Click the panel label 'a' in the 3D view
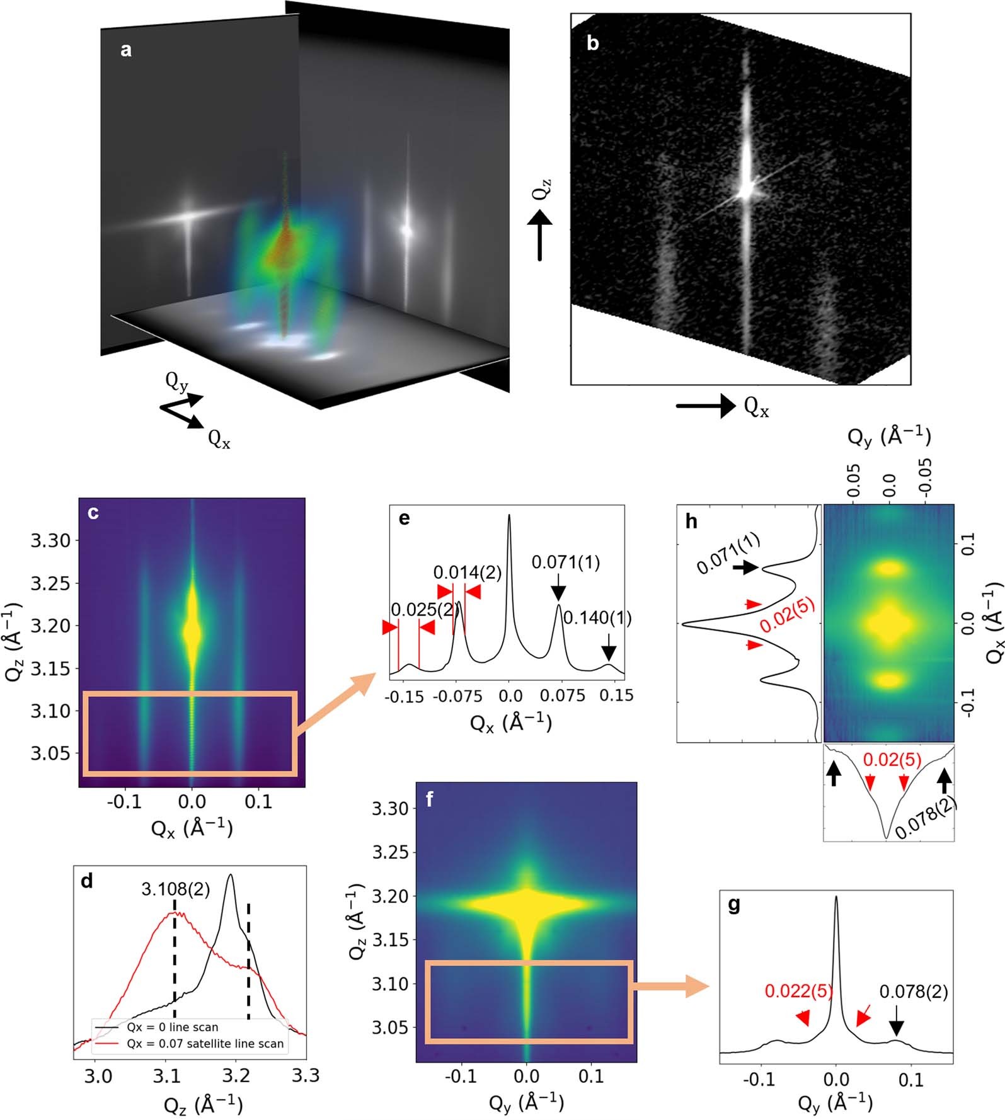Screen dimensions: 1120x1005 [126, 50]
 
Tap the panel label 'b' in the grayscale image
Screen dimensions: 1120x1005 [592, 43]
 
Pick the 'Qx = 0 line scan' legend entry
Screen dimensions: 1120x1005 [172, 1027]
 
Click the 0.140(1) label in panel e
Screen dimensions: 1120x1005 [597, 618]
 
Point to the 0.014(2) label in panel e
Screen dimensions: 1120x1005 [467, 573]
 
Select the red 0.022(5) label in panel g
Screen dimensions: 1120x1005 [798, 991]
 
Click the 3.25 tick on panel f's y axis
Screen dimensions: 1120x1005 [389, 852]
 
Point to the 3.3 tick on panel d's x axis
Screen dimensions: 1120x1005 [306, 1075]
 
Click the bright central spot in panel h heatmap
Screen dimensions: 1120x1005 [888, 624]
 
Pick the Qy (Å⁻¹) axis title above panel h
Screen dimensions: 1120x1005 [889, 437]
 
